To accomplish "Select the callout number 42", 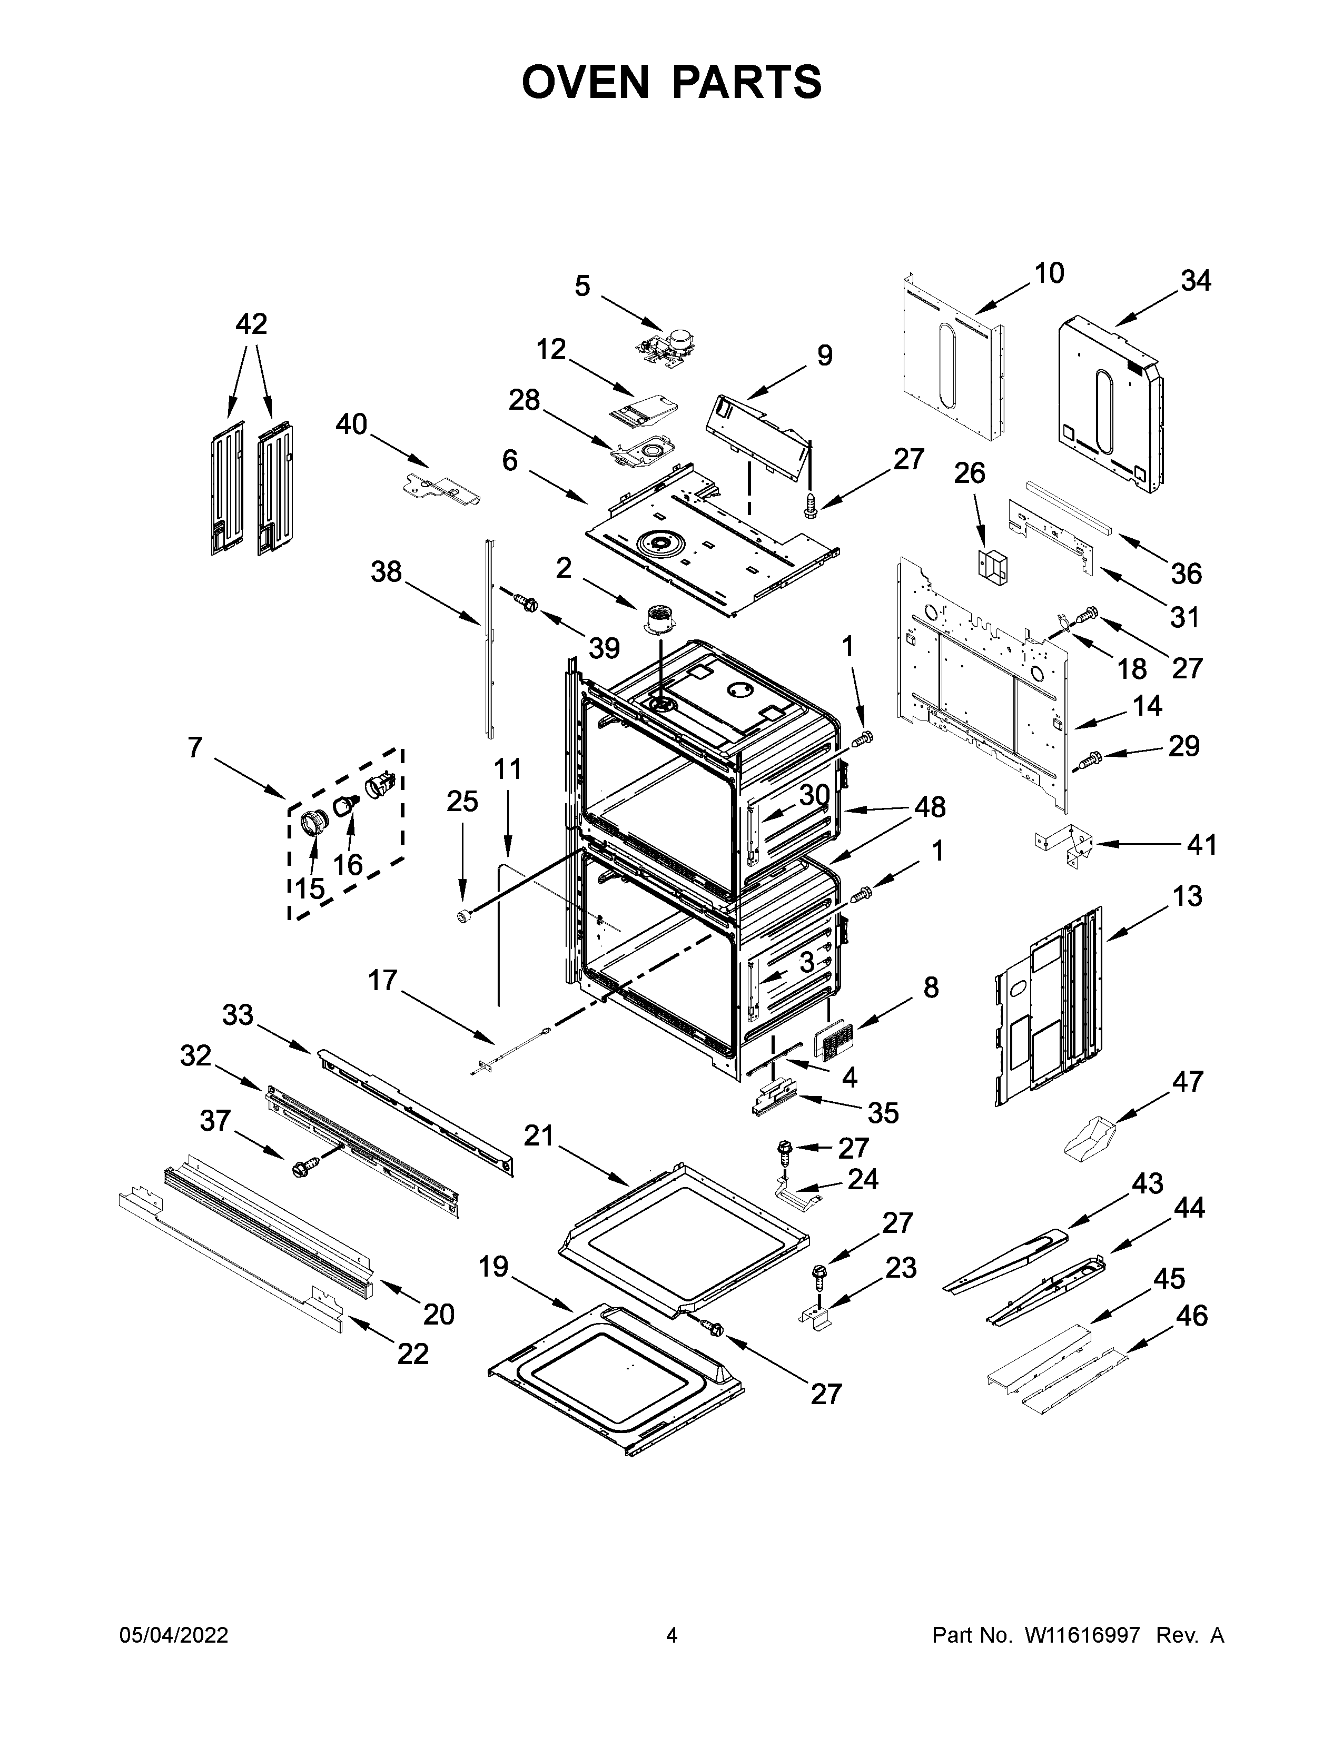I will [x=251, y=324].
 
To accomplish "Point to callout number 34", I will [x=1195, y=281].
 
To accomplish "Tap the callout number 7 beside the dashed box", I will [x=195, y=747].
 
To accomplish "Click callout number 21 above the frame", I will [x=539, y=1137].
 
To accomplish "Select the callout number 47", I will [x=1187, y=1081].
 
